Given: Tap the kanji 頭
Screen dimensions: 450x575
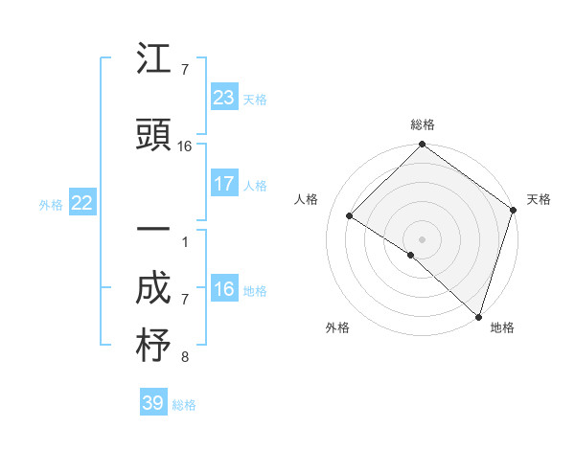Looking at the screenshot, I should [153, 135].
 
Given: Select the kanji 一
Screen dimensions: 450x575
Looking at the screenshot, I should [153, 233].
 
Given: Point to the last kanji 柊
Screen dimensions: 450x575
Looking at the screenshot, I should [153, 346].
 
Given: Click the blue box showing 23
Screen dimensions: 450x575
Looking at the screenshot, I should [223, 97].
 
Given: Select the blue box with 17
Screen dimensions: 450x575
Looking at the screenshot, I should [223, 184].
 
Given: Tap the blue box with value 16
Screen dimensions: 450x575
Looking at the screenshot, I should [223, 289].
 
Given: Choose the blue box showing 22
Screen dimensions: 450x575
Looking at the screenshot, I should [81, 202].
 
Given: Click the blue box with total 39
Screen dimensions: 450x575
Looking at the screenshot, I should [152, 403].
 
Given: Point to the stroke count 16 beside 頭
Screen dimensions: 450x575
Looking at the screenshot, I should [185, 146].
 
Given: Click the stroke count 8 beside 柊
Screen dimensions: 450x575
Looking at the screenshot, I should [185, 358].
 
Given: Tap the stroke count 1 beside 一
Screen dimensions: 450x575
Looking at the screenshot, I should [185, 242].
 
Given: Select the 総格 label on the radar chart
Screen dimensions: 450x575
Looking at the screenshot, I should [422, 124].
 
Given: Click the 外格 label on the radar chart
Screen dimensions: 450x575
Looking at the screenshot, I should [337, 327].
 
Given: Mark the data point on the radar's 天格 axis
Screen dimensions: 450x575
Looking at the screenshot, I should [513, 211].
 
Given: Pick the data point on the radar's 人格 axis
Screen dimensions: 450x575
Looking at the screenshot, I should [350, 216].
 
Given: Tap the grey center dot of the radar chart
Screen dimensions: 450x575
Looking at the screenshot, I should [422, 238].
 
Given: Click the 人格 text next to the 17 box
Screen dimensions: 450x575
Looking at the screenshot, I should [255, 186].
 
